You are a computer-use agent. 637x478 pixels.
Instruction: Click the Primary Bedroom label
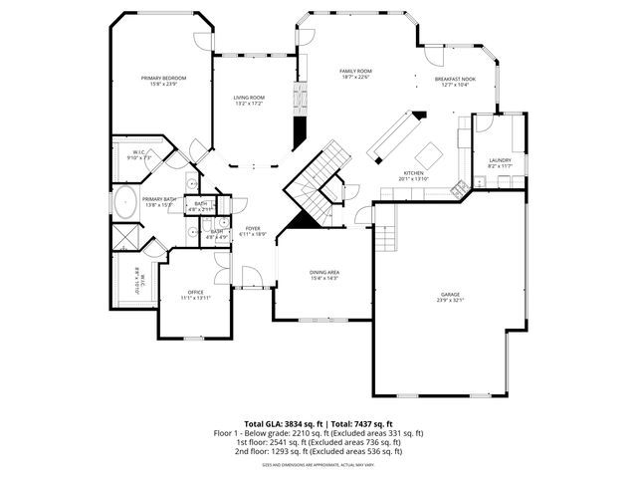pos(163,78)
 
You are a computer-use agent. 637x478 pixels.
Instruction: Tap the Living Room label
pos(249,97)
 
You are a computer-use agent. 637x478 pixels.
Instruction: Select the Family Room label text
pos(355,72)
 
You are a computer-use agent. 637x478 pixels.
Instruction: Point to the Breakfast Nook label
pos(455,79)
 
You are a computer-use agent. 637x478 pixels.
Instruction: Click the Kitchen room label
pos(413,173)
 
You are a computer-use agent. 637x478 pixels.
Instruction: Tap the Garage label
pos(451,294)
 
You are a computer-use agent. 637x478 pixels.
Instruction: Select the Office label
pos(196,292)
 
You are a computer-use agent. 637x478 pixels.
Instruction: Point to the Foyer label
pos(253,228)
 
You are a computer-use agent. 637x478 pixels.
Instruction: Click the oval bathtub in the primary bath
pos(126,203)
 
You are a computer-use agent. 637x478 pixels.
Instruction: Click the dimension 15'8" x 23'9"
pos(163,84)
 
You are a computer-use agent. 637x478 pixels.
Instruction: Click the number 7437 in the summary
pos(367,424)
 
